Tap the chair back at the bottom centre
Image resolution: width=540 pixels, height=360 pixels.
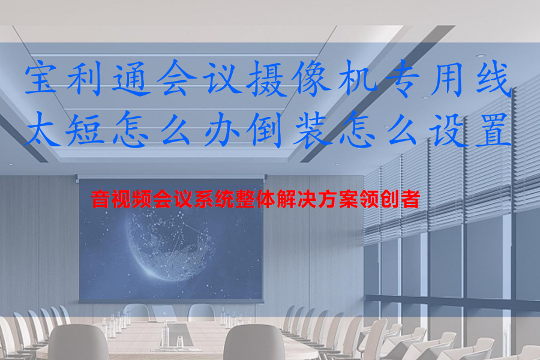tap(254, 342)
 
